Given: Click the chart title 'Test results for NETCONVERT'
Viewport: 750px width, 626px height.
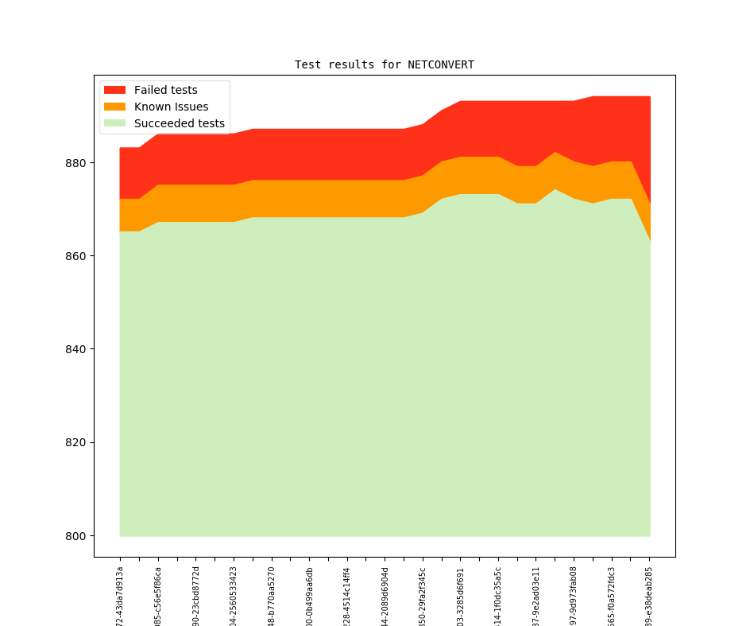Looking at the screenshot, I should [385, 64].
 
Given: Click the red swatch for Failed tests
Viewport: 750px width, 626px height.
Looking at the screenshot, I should [115, 90].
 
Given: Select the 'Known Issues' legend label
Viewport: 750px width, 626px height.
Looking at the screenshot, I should [171, 107].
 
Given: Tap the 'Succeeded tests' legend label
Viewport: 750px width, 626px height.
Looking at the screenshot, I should [179, 123].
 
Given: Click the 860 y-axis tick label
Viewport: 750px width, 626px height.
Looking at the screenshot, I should [79, 256].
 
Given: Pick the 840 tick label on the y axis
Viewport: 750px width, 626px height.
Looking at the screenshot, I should [79, 349].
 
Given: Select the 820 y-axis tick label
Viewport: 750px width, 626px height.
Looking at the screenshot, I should [79, 442].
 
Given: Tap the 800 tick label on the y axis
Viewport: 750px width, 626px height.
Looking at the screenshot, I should [79, 535].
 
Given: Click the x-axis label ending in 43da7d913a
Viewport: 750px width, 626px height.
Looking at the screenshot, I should [120, 596].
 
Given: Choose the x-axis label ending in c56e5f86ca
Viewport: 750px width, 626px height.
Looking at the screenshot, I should [158, 596].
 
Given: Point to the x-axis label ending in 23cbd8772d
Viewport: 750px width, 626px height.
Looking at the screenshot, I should [196, 596].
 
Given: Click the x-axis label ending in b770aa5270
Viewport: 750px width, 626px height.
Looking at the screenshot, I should [272, 596].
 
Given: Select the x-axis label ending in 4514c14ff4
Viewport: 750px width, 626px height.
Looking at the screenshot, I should [347, 596].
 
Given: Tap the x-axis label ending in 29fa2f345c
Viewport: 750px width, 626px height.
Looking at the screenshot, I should [423, 596].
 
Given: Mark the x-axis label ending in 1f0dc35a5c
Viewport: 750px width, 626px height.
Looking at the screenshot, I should [498, 596].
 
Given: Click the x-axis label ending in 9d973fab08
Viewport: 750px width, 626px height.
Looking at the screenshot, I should [574, 596].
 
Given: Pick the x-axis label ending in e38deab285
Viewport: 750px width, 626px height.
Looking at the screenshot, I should [649, 596].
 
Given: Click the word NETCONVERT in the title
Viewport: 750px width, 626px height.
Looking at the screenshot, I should [441, 64].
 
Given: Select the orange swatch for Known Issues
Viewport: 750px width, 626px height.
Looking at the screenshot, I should [115, 107].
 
